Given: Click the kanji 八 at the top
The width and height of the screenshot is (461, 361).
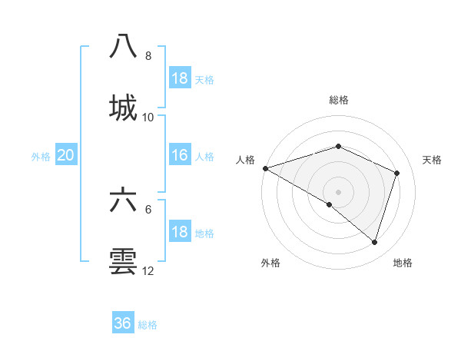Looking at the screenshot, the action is [x=123, y=46].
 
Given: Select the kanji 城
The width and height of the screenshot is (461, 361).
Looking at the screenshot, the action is [x=123, y=107].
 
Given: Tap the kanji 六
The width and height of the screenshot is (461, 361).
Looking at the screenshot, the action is [x=123, y=200].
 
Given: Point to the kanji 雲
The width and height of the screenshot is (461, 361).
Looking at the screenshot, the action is [x=123, y=261].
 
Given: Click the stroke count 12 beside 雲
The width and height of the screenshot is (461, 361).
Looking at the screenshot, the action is [x=148, y=271].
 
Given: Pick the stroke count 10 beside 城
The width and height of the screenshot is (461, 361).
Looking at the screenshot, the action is [x=148, y=118].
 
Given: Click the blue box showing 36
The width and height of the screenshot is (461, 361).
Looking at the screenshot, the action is [x=123, y=323].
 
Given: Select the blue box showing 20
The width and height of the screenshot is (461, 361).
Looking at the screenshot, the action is [x=66, y=155].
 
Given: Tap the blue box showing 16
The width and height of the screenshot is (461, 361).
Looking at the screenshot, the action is [x=180, y=155].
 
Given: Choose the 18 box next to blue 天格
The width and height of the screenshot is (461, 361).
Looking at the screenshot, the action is [x=180, y=78].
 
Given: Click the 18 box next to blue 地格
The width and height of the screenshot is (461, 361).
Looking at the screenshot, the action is [x=180, y=232].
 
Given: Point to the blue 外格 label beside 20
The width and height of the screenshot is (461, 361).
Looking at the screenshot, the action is [x=41, y=156].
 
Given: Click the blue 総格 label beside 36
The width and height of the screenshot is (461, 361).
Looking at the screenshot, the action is [x=148, y=325].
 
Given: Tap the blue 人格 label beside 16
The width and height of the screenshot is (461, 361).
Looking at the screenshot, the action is [x=204, y=156].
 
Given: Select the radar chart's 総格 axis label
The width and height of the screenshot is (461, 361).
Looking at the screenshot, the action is [x=338, y=100].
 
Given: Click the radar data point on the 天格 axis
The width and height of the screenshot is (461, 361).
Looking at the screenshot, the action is [x=397, y=173].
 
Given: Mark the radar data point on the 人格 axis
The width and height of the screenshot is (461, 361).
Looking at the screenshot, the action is [x=265, y=168].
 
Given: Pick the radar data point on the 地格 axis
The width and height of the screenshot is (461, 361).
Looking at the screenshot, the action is [x=374, y=242].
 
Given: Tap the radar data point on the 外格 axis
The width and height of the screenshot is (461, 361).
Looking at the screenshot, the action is [x=330, y=204].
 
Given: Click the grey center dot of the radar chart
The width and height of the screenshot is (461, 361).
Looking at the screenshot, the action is [x=338, y=192].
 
